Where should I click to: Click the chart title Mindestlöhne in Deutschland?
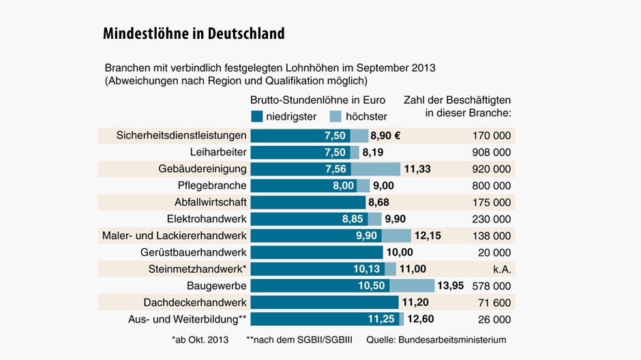click(194, 33)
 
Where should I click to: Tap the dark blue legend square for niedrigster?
click(256, 116)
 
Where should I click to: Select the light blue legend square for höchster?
click(336, 116)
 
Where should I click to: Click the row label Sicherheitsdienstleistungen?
click(181, 135)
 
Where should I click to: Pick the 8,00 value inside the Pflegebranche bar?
click(344, 185)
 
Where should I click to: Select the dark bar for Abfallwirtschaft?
click(308, 202)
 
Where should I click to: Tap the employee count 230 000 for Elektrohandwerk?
click(490, 219)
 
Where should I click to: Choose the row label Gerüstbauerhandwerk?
click(194, 252)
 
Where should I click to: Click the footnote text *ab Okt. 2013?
click(200, 339)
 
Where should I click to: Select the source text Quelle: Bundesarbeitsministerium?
click(436, 339)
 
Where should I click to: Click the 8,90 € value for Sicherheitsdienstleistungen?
click(385, 135)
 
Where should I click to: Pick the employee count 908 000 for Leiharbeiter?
click(490, 152)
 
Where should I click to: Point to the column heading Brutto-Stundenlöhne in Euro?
click(318, 100)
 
